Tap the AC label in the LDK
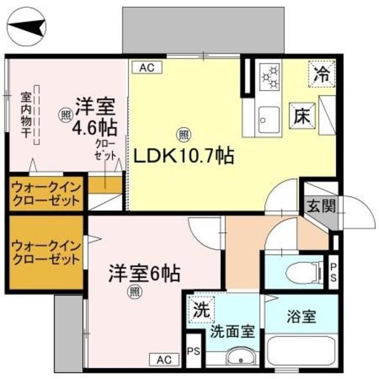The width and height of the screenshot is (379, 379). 146,68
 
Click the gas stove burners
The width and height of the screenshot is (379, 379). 271,78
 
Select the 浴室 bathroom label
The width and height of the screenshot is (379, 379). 301,316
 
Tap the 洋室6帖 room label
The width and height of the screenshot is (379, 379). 143,274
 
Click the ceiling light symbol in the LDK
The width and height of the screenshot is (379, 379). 184,135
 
